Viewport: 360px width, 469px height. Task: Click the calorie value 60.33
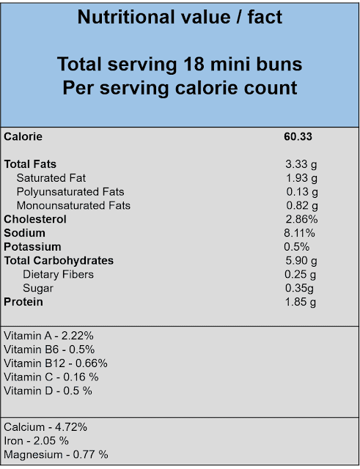pyautogui.click(x=298, y=137)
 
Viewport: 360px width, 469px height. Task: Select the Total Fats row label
pyautogui.click(x=30, y=164)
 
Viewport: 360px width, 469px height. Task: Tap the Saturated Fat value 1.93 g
pyautogui.click(x=301, y=178)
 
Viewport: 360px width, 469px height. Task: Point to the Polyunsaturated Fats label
pyautogui.click(x=70, y=192)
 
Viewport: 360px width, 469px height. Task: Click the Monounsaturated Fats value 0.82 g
pyautogui.click(x=302, y=206)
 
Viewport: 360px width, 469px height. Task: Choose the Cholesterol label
pyautogui.click(x=35, y=219)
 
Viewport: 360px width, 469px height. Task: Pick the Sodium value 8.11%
pyautogui.click(x=299, y=233)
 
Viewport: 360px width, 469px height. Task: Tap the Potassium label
pyautogui.click(x=32, y=247)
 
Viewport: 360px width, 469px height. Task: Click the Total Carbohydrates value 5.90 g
pyautogui.click(x=301, y=261)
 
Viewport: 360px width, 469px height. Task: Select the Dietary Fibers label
pyautogui.click(x=58, y=274)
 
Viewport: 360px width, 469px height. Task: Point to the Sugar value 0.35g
pyautogui.click(x=299, y=288)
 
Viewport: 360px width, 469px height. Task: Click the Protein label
pyautogui.click(x=23, y=302)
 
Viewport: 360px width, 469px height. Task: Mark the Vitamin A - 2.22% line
pyautogui.click(x=48, y=336)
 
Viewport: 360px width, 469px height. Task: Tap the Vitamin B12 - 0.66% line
pyautogui.click(x=56, y=363)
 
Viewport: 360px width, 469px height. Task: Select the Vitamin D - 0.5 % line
pyautogui.click(x=48, y=391)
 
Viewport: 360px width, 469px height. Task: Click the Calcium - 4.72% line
pyautogui.click(x=45, y=427)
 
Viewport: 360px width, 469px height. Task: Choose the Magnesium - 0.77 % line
pyautogui.click(x=56, y=455)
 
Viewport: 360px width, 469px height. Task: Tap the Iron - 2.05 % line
pyautogui.click(x=36, y=441)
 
